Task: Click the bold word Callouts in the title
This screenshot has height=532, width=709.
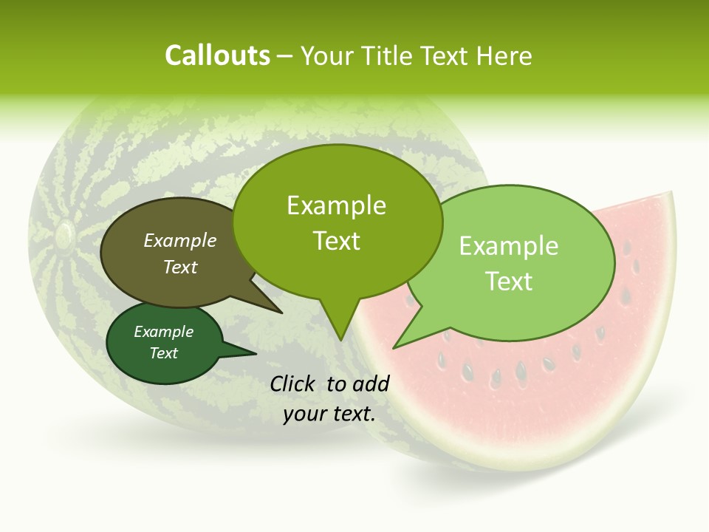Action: tap(217, 55)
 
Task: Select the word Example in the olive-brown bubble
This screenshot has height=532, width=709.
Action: tap(180, 241)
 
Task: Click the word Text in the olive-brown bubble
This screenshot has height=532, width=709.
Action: tap(180, 267)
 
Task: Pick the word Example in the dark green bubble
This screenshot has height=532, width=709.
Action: tap(163, 332)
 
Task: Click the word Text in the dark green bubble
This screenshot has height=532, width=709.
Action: tap(163, 353)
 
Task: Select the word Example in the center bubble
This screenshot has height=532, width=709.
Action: tap(336, 205)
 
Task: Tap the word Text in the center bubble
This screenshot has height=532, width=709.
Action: tap(336, 241)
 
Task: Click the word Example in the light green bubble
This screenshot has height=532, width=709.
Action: tap(509, 246)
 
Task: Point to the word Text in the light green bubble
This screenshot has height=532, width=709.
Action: tap(509, 282)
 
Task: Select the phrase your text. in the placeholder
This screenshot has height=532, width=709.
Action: tap(329, 414)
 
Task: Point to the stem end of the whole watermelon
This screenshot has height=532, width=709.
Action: tap(64, 234)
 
